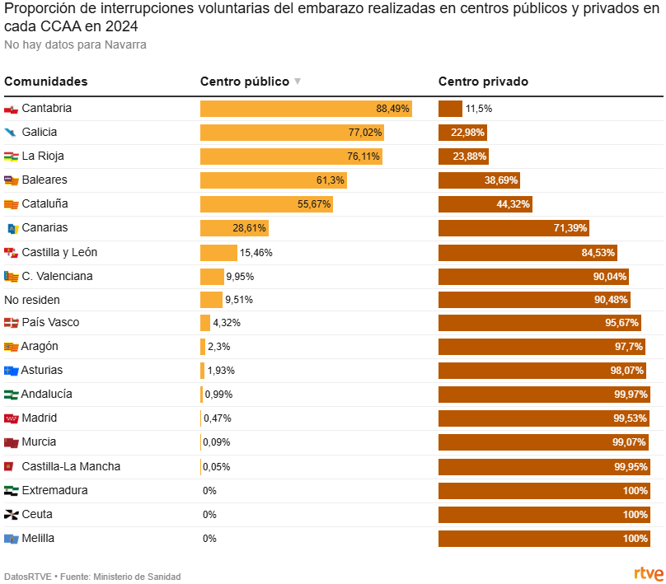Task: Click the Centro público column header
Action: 245,82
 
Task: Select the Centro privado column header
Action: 483,82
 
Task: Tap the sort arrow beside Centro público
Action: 298,82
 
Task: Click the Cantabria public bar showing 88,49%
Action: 306,108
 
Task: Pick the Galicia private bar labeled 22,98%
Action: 462,132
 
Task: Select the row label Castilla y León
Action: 59,252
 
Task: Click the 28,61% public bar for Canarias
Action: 234,228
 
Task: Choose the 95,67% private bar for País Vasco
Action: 540,323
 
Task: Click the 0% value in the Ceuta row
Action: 209,515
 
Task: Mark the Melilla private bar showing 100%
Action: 544,539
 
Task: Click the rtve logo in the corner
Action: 648,573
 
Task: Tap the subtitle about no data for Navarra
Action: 75,44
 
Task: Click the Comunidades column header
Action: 46,82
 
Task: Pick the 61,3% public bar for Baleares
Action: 273,180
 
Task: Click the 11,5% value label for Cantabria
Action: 479,109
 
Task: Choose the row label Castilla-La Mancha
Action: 71,467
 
